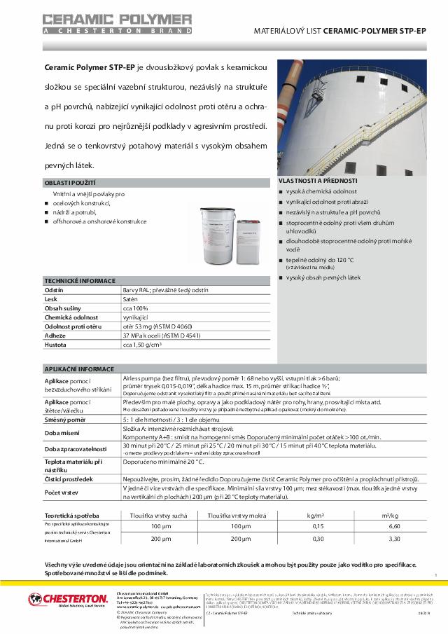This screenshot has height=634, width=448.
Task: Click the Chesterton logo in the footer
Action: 57,600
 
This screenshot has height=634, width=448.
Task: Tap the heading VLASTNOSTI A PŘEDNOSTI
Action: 318,180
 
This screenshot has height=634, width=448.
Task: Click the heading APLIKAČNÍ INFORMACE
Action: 79,368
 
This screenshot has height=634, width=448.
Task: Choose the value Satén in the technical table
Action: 131,298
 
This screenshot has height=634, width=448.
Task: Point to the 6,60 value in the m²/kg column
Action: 393,525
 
